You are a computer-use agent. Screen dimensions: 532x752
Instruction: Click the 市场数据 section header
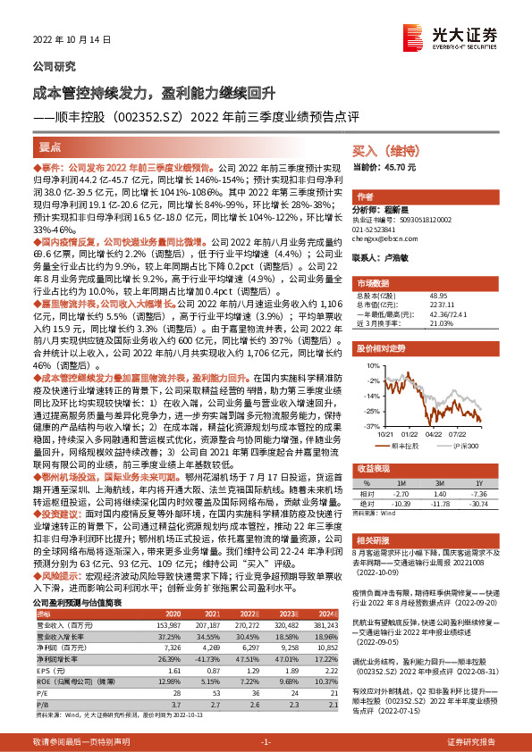(374, 281)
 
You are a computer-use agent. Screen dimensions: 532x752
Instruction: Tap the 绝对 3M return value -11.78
(438, 501)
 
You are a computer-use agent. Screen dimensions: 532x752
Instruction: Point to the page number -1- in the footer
(265, 741)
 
